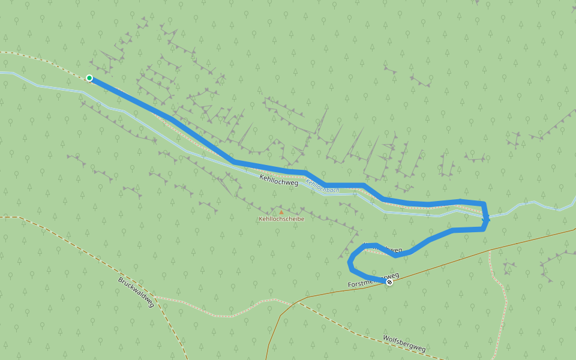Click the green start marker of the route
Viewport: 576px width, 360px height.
pos(89,78)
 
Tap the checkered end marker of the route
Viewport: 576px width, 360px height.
pos(389,282)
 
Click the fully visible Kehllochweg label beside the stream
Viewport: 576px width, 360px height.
pos(278,179)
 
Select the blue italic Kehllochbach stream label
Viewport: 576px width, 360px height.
pos(323,186)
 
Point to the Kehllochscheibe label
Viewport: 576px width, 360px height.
pos(281,219)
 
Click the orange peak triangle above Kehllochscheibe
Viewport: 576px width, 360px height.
pos(281,212)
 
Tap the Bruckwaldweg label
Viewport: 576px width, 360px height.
pos(136,292)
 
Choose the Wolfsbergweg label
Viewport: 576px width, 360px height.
pos(404,344)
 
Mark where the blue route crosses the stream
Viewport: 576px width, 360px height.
pos(485,217)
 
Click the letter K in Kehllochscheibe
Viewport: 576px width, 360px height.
pos(260,219)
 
